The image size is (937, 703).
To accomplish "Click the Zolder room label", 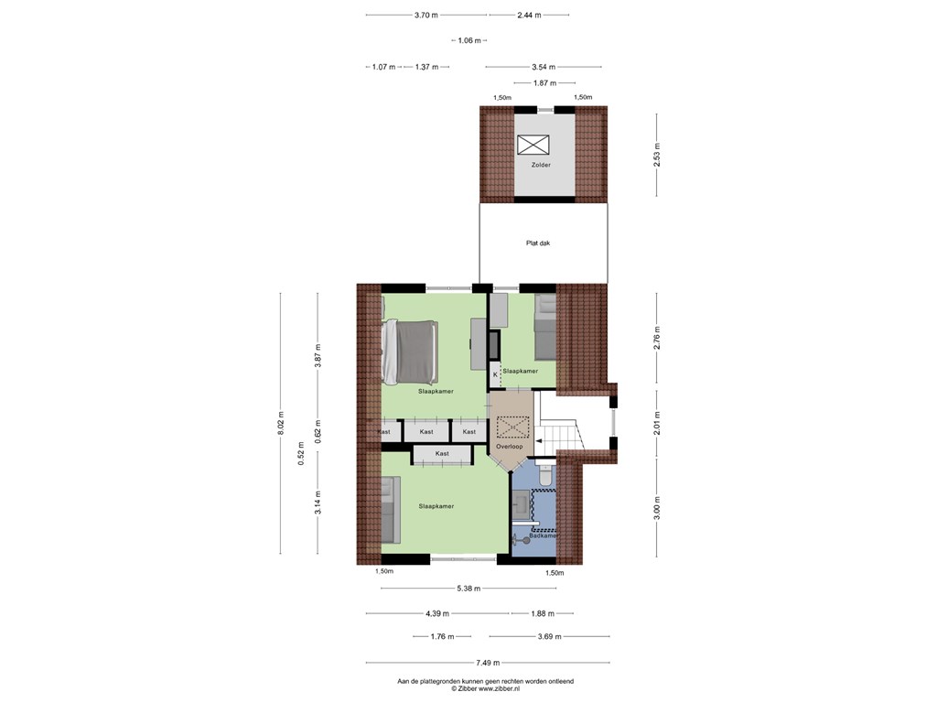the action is (x=541, y=165).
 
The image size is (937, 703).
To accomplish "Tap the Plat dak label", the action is (x=538, y=243).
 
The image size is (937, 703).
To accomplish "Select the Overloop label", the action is (x=509, y=447).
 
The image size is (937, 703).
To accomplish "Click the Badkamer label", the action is (x=544, y=535).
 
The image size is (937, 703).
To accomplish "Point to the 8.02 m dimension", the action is (x=281, y=424).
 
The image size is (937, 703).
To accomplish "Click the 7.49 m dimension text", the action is (x=488, y=663).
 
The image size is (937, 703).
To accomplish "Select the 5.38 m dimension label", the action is (x=468, y=589).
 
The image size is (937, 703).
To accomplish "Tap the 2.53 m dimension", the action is (x=657, y=155).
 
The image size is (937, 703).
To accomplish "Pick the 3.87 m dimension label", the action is (x=318, y=356).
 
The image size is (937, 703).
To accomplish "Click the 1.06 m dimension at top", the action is (x=469, y=40).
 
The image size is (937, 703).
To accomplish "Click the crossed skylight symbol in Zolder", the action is (x=533, y=145).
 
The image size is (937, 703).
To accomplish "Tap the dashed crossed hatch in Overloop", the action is (x=510, y=427).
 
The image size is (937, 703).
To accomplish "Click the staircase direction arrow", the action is (x=539, y=442).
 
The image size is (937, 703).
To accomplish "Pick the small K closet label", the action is (x=495, y=374).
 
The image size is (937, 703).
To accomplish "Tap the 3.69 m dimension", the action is (x=549, y=637).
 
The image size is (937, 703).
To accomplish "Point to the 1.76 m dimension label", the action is (x=442, y=637).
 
